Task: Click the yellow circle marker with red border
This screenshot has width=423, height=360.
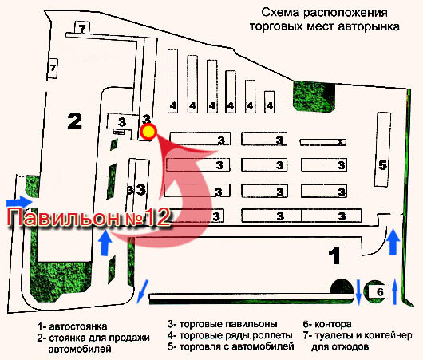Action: [148, 132]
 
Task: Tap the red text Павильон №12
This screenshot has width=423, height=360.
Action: [89, 217]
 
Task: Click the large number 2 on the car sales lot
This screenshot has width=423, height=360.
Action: [74, 121]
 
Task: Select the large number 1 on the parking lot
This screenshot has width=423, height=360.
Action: [334, 255]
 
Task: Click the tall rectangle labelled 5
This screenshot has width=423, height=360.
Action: [383, 149]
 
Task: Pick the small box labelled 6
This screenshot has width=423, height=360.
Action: [380, 291]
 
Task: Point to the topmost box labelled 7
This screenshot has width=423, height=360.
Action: [82, 27]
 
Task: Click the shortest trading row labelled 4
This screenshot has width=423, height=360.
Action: [270, 101]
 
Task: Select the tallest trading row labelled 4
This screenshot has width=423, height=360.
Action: [172, 81]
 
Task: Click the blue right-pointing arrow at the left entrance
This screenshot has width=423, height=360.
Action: [19, 202]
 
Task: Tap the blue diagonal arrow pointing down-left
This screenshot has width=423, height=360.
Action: [142, 291]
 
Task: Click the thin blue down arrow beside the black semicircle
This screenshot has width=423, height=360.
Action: [359, 292]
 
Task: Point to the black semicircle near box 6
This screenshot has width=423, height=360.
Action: [342, 287]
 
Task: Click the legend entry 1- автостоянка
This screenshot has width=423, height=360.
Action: [73, 326]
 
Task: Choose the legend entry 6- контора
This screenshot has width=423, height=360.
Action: [327, 324]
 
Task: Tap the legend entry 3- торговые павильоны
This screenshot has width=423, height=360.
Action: [223, 324]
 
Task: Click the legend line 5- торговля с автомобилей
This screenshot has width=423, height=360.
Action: [231, 346]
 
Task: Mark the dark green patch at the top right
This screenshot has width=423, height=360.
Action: [314, 96]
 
